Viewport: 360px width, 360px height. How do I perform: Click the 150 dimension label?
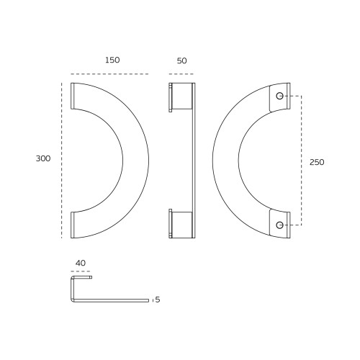coord(112,60)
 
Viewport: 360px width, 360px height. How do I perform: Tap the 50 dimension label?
coord(181,61)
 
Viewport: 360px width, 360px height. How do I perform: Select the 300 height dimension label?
coord(43,158)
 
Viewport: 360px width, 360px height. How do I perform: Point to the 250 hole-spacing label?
coord(317,162)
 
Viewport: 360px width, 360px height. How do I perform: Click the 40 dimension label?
coord(81,264)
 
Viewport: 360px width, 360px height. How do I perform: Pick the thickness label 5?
coord(158,300)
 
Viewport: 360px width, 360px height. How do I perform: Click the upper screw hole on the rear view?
coord(279,96)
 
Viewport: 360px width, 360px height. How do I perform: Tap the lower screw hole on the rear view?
coord(279,225)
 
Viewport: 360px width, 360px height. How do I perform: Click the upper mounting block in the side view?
coord(181,96)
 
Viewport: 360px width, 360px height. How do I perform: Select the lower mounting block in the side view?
coord(181,224)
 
